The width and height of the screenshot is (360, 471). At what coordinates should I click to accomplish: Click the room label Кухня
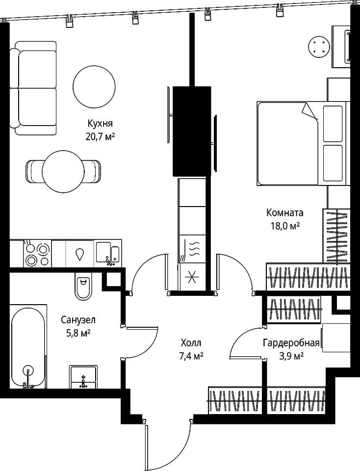pyautogui.click(x=100, y=124)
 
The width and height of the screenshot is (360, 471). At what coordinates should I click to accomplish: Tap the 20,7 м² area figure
pyautogui.click(x=100, y=137)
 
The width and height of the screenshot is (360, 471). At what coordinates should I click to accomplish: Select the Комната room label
pyautogui.click(x=285, y=212)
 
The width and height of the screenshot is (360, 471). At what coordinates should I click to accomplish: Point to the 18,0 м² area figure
pyautogui.click(x=285, y=226)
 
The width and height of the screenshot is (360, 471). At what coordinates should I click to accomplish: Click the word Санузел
pyautogui.click(x=78, y=320)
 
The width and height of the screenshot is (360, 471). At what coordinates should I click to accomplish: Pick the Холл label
pyautogui.click(x=191, y=343)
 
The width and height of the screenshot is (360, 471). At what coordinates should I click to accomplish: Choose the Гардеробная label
pyautogui.click(x=291, y=343)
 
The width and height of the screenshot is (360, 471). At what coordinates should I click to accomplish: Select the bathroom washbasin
pyautogui.click(x=83, y=377)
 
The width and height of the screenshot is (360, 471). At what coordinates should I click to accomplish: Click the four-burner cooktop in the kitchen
pyautogui.click(x=37, y=254)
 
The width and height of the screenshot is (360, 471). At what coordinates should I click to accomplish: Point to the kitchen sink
pyautogui.click(x=108, y=254)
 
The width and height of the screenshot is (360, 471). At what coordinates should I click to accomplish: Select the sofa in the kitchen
pyautogui.click(x=33, y=88)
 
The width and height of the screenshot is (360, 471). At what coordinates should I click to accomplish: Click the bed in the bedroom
pyautogui.click(x=302, y=144)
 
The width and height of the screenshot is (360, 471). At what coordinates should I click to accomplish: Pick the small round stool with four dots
pyautogui.click(x=319, y=47)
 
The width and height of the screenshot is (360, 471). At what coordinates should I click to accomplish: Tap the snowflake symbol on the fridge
pyautogui.click(x=192, y=277)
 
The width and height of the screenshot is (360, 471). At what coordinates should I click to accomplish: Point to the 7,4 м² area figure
pyautogui.click(x=191, y=356)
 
